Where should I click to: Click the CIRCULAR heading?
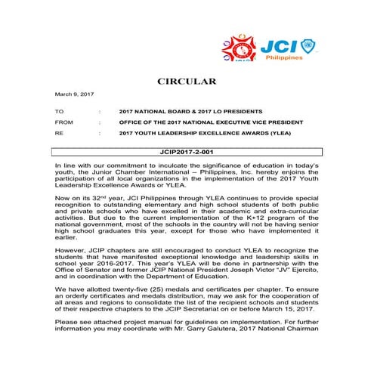(186, 81)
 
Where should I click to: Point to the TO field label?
(60, 111)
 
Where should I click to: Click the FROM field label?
(64, 122)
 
